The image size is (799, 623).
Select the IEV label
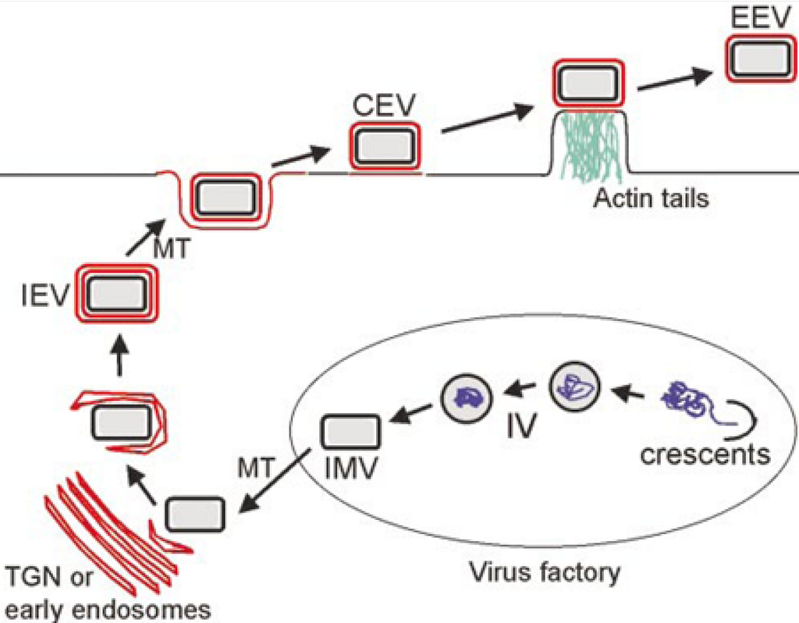click(x=45, y=297)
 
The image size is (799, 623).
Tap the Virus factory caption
click(x=544, y=573)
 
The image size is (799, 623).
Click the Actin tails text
click(x=651, y=198)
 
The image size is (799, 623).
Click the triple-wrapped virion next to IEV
click(x=115, y=294)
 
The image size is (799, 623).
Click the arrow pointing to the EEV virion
click(x=676, y=77)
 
